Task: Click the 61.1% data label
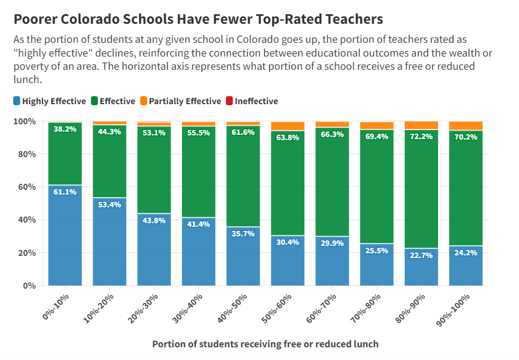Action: click(65, 192)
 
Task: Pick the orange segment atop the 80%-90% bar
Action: click(422, 125)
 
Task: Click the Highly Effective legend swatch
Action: click(17, 101)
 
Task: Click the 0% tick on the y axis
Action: click(30, 286)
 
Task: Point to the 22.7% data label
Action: click(422, 255)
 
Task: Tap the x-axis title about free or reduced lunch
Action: click(265, 344)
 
